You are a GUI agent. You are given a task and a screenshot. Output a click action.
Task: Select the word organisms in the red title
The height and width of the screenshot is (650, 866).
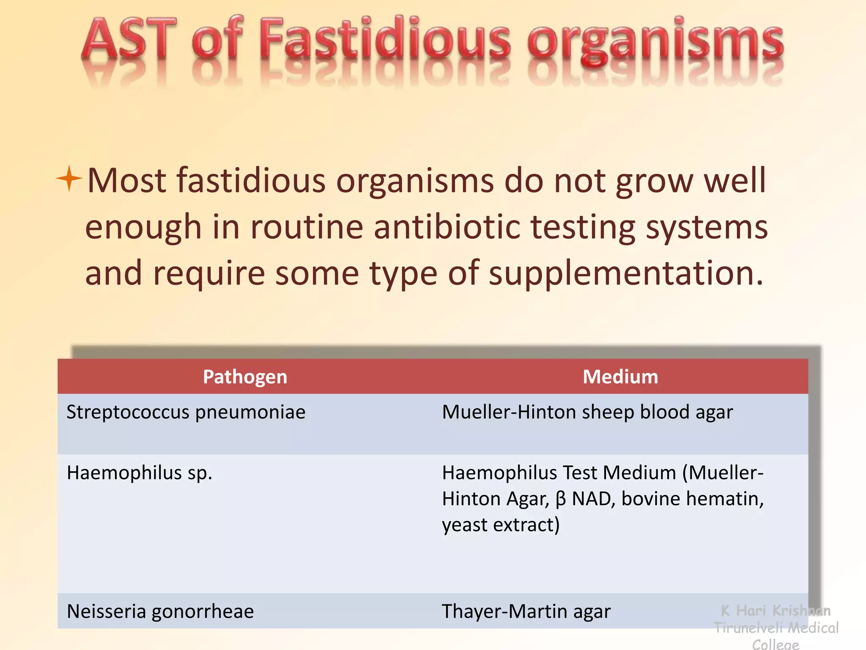[655, 42]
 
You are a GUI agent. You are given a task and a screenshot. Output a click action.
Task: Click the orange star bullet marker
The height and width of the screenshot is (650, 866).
[69, 179]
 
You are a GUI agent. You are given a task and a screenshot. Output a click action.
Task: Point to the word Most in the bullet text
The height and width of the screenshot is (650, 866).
[127, 181]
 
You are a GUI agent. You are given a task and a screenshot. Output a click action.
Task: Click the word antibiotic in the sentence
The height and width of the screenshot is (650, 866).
[447, 227]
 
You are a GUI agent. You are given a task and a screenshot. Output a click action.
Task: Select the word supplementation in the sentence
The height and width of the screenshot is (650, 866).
[626, 274]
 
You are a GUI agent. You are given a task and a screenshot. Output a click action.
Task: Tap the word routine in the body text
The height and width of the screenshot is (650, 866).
[307, 227]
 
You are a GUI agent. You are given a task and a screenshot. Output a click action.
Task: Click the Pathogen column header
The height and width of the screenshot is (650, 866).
[245, 377]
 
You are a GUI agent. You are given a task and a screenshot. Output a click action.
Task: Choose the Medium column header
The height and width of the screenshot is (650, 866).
[620, 377]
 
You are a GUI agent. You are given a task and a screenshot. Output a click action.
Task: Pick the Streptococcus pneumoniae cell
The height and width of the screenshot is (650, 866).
[186, 412]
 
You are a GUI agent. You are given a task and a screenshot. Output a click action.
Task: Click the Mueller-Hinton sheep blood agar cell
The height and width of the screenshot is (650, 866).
[587, 412]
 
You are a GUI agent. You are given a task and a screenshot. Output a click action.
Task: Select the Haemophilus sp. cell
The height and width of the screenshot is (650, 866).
[140, 473]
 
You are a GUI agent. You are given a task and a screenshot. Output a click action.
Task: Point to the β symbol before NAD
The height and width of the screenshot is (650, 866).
[560, 499]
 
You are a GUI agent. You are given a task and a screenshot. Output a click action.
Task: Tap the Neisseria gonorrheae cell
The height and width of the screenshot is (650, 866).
[160, 611]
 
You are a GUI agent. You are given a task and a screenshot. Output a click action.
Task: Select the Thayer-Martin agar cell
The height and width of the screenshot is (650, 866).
[526, 611]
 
